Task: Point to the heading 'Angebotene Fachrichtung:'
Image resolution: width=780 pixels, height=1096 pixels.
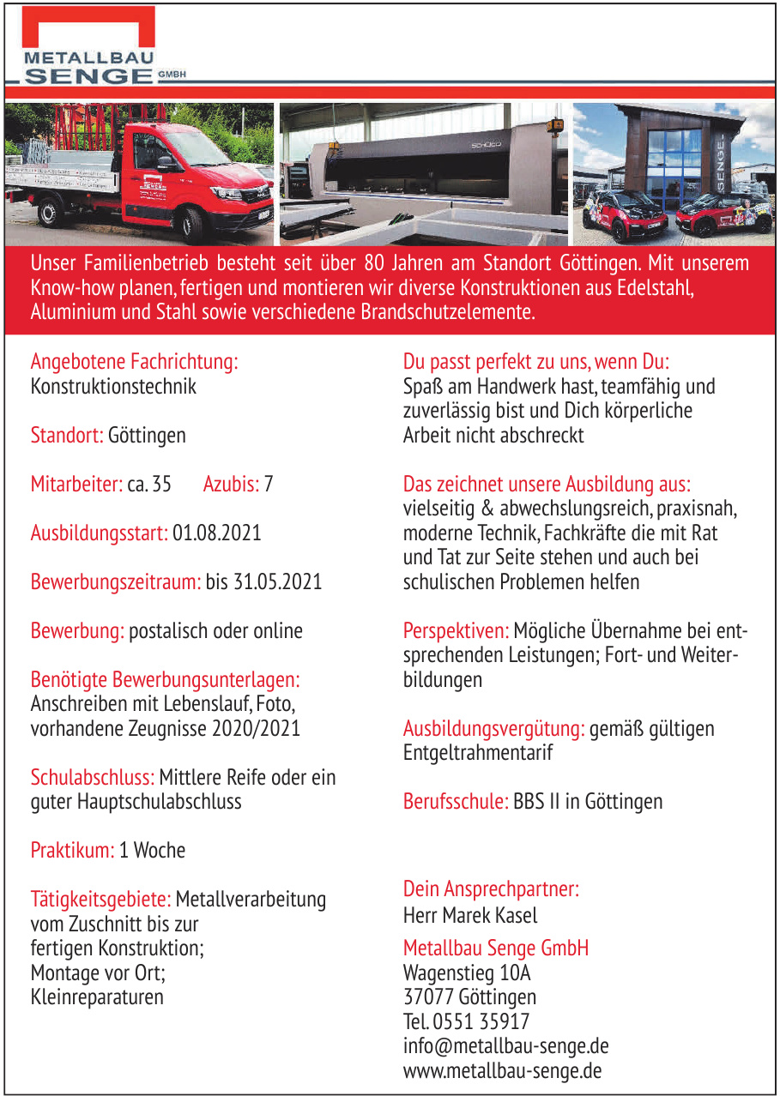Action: (x=134, y=361)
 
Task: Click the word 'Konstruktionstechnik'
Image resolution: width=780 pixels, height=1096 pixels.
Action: (x=113, y=386)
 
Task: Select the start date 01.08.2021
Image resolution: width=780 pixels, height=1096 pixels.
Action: (x=216, y=533)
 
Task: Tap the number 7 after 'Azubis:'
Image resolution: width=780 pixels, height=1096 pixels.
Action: (x=269, y=484)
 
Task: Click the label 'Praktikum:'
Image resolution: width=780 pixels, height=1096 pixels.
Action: (x=72, y=850)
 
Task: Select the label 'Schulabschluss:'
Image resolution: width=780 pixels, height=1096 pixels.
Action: (x=93, y=777)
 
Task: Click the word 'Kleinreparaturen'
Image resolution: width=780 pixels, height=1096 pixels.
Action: (x=97, y=997)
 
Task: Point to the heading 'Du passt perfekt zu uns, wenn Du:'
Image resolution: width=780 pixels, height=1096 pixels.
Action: (x=535, y=361)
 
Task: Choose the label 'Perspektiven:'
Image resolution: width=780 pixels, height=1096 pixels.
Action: (x=457, y=631)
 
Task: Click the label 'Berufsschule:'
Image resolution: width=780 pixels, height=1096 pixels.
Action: (x=457, y=801)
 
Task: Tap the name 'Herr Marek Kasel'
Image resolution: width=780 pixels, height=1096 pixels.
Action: (x=470, y=915)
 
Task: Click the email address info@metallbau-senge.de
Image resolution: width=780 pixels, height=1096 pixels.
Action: (x=505, y=1046)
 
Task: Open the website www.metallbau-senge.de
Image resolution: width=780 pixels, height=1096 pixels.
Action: (x=502, y=1071)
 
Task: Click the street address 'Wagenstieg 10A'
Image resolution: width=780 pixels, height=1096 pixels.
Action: (x=467, y=973)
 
